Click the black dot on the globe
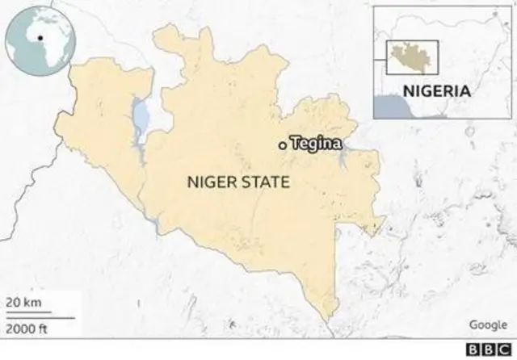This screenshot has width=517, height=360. [39, 37]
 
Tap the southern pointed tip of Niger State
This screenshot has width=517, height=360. [327, 316]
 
